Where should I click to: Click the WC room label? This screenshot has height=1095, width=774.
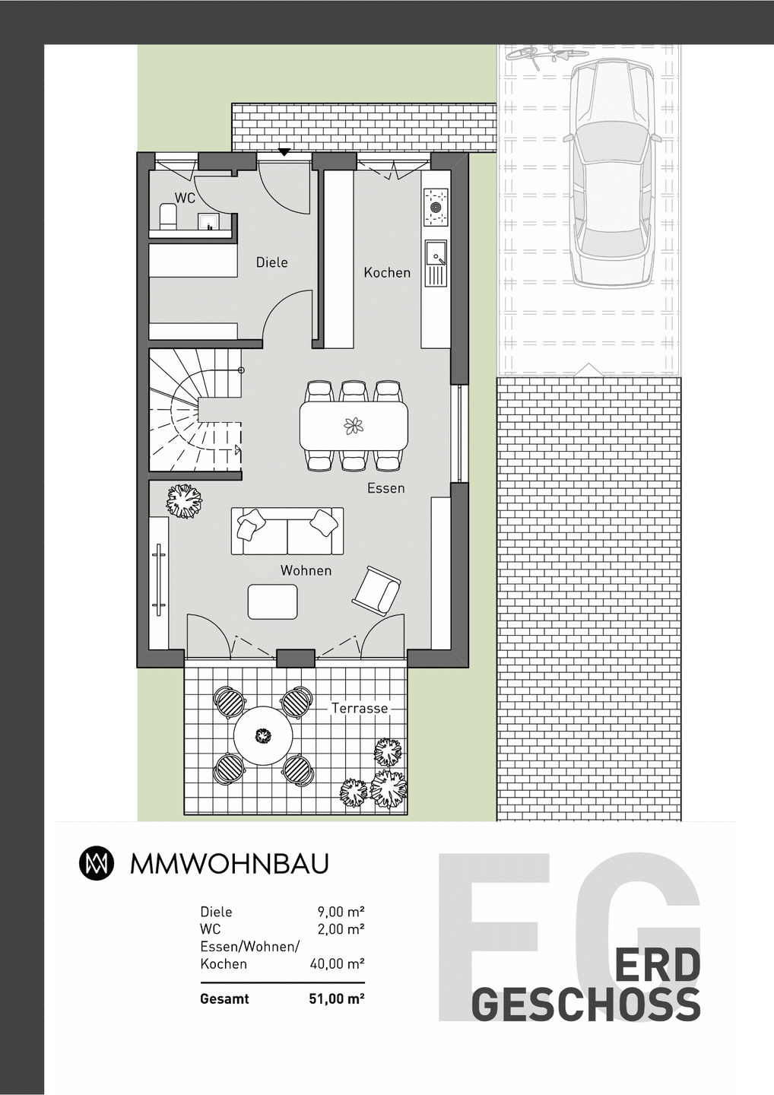(x=186, y=198)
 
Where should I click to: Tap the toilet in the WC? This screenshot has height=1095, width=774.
(x=168, y=217)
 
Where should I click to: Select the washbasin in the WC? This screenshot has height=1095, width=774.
(x=210, y=221)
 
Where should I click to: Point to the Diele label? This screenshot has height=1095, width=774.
(x=271, y=262)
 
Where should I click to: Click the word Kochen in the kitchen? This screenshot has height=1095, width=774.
(x=387, y=273)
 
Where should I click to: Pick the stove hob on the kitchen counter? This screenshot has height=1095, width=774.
(x=436, y=208)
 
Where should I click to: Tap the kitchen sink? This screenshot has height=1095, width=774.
(x=436, y=263)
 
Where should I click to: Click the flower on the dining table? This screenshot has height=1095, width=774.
(x=354, y=426)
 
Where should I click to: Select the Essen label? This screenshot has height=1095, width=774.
(x=386, y=488)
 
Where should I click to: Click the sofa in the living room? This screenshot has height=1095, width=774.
(x=287, y=531)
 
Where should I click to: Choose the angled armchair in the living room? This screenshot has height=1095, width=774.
(x=376, y=589)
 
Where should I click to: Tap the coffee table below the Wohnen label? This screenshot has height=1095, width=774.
(x=273, y=601)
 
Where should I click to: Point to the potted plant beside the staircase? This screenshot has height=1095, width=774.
(x=184, y=502)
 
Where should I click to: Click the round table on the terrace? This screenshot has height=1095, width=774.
(x=263, y=736)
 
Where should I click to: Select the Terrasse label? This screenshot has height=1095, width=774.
(x=360, y=709)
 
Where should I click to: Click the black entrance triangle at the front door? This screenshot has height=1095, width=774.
(x=284, y=152)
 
